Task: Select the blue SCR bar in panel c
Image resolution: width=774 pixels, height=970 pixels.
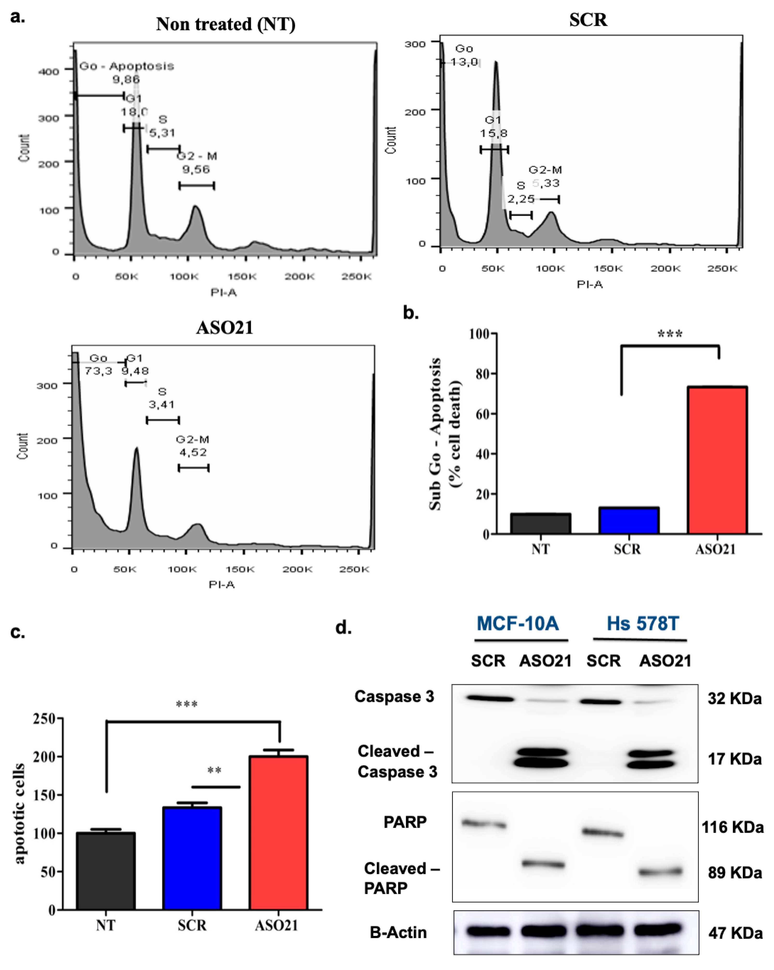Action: pyautogui.click(x=192, y=858)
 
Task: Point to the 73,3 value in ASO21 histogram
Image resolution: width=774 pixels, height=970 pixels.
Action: pyautogui.click(x=99, y=371)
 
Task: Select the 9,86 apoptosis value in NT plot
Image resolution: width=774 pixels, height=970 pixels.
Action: pyautogui.click(x=126, y=80)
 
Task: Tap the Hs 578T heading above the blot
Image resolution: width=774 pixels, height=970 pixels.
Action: pyautogui.click(x=642, y=624)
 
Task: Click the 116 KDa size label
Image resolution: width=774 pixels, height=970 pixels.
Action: pyautogui.click(x=732, y=827)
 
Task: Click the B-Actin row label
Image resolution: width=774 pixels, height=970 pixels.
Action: pyautogui.click(x=398, y=932)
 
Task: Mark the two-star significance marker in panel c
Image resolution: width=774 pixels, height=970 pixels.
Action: pyautogui.click(x=214, y=771)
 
